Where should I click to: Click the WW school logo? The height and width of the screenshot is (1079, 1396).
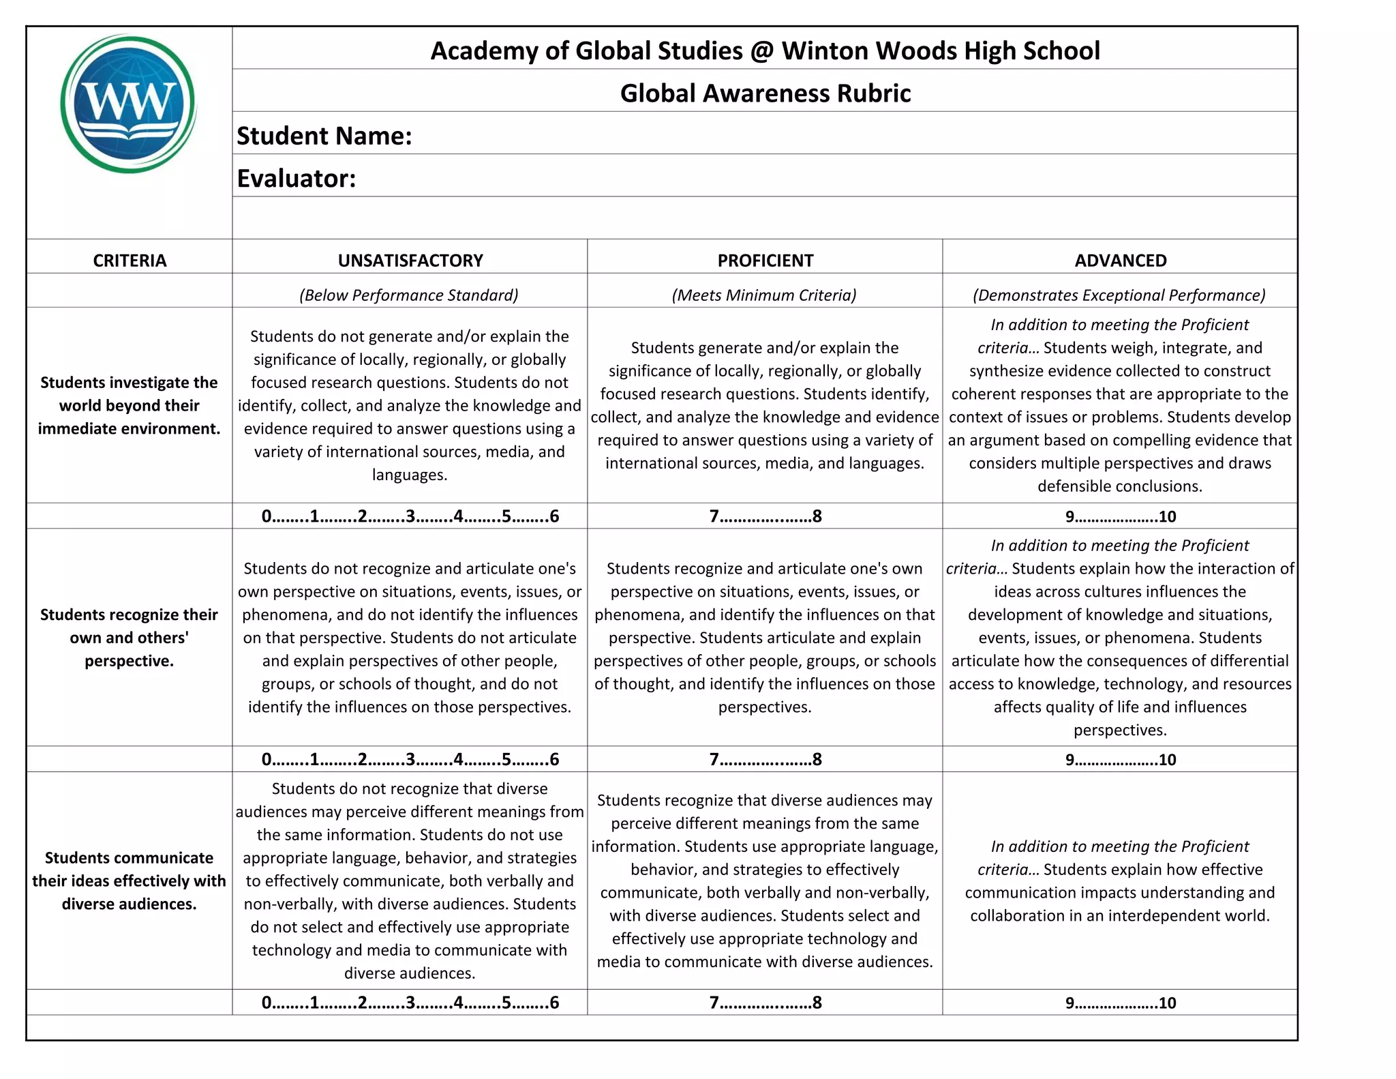[x=128, y=104]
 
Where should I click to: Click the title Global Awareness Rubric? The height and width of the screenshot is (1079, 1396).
[x=765, y=93]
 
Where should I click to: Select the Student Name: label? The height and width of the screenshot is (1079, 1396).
[x=324, y=136]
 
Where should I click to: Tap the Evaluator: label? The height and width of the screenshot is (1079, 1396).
[x=297, y=179]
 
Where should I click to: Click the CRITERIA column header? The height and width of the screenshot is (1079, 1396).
[x=130, y=261]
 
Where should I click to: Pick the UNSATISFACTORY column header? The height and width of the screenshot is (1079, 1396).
[x=410, y=261]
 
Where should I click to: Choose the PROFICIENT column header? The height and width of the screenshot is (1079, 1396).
[x=765, y=261]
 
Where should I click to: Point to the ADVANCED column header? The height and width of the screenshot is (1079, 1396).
[x=1120, y=261]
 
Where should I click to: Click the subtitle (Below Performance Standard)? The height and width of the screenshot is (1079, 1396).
[x=409, y=295]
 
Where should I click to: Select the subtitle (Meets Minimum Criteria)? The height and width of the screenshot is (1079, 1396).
[x=764, y=295]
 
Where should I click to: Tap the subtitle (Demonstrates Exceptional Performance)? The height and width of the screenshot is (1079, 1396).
[x=1119, y=295]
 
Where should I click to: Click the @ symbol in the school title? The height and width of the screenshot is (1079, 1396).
[x=762, y=51]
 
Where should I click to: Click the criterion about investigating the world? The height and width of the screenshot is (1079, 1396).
[x=129, y=406]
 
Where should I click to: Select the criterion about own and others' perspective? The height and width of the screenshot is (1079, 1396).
[x=129, y=638]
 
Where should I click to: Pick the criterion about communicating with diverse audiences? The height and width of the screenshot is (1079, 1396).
[x=129, y=881]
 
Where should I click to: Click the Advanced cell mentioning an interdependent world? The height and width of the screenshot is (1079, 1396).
[x=1120, y=881]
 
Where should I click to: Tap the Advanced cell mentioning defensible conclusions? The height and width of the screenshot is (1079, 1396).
[x=1120, y=406]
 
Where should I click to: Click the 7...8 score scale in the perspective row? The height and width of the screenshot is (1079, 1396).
[x=765, y=759]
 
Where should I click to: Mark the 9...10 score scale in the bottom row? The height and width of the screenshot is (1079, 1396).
[x=1120, y=1003]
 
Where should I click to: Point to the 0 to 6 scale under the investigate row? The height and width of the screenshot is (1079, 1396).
[x=410, y=516]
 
